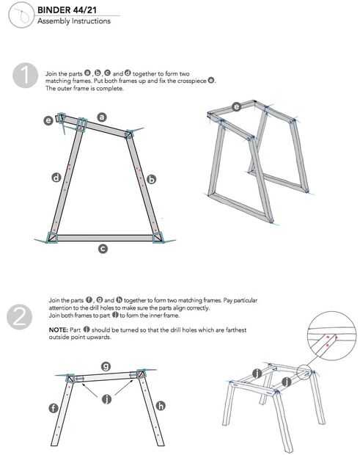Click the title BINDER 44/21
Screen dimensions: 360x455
click(x=67, y=10)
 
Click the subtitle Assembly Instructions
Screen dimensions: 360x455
click(x=74, y=21)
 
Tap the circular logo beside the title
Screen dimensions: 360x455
click(x=21, y=15)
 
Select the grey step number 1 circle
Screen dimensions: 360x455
click(x=25, y=76)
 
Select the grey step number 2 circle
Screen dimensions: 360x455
click(x=20, y=316)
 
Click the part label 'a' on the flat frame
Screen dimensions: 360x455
click(x=101, y=117)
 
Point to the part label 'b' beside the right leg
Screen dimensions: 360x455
click(x=151, y=179)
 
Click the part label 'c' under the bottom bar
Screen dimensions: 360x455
click(x=103, y=249)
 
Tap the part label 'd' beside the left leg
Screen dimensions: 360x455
click(x=56, y=178)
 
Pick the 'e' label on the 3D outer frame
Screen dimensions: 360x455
click(x=237, y=107)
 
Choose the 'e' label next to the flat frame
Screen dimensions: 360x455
click(x=48, y=120)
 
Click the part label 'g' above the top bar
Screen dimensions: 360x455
click(x=106, y=366)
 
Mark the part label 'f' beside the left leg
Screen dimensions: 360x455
click(x=54, y=408)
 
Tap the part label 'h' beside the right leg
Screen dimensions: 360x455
click(x=161, y=406)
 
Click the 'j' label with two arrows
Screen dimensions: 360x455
click(x=106, y=399)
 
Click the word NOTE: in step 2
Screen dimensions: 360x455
click(x=58, y=330)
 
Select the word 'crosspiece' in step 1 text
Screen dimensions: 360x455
click(x=192, y=81)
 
